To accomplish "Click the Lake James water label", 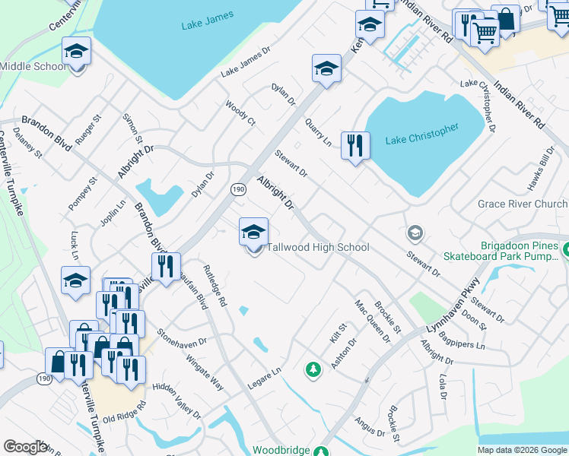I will tap(206, 25).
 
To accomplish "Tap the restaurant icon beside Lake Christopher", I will tap(355, 147).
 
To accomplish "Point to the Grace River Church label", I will tap(522, 204).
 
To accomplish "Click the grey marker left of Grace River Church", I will tap(415, 232).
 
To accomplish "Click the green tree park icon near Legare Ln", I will tap(312, 370).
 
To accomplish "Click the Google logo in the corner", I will tap(25, 447).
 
